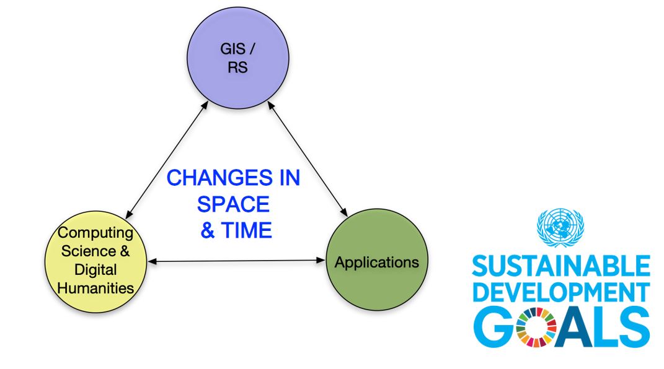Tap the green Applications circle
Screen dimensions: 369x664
tap(377, 263)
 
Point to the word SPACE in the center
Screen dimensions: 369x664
tap(234, 204)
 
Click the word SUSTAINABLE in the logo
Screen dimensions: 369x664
tap(560, 267)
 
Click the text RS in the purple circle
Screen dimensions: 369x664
tap(237, 67)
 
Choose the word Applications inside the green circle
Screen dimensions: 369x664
tap(377, 263)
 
